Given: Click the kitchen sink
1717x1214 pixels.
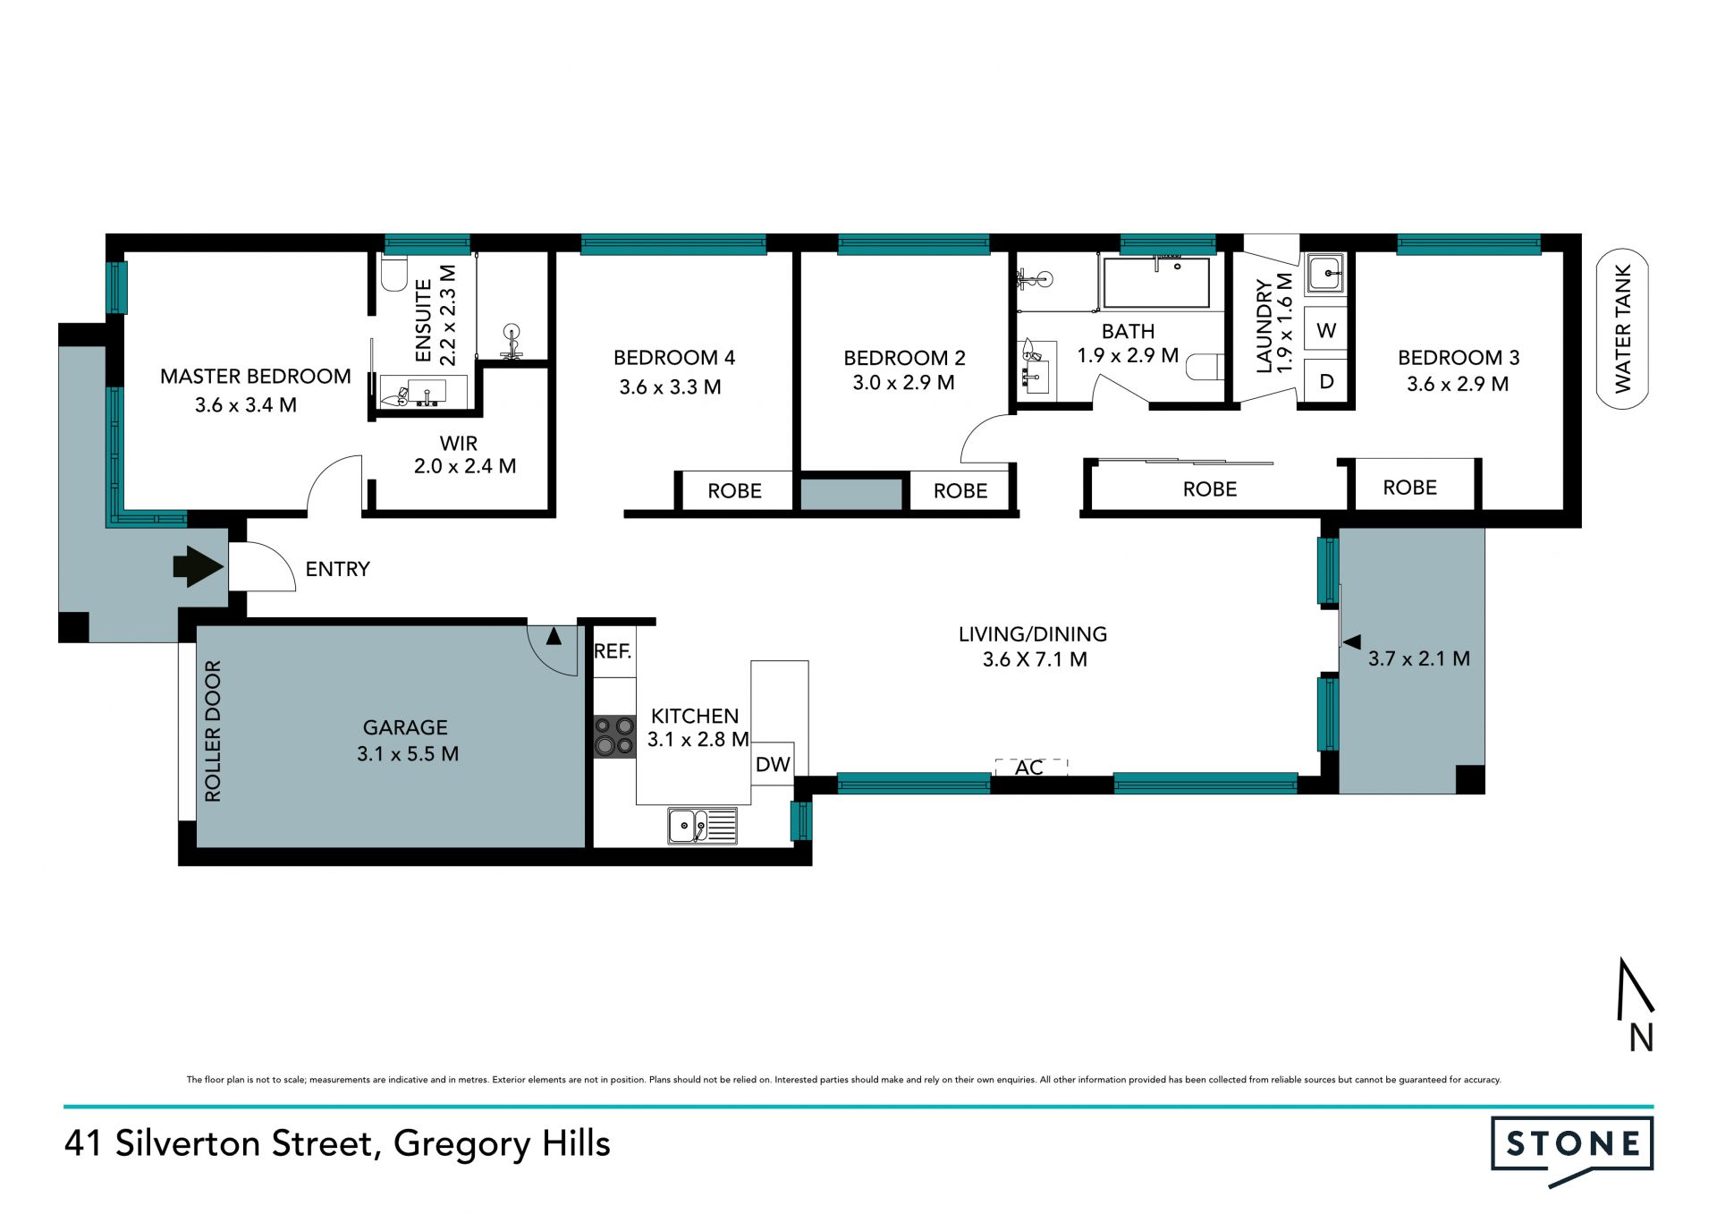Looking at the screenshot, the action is coord(702,826).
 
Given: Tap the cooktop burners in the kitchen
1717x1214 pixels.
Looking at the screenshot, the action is coord(614,735).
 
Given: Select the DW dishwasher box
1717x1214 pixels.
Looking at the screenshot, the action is coord(773,764).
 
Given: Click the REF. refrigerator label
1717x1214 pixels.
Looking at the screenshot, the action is coord(613,651).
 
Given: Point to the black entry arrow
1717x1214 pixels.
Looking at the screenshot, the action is coord(198,567).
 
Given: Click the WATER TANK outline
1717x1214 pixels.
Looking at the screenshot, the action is coord(1622,328).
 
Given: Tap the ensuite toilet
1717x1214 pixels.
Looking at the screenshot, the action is coord(393,273).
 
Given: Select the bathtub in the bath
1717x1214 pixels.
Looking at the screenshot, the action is coord(1156,283).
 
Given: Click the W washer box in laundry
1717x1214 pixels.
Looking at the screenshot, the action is coord(1326,330).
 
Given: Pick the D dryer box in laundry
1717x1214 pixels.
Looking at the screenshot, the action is coord(1326,381).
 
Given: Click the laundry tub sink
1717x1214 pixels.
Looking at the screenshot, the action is coord(1325,274).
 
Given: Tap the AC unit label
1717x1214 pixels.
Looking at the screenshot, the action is coord(1029,768).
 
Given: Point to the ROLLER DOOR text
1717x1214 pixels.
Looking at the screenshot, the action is coord(213,731).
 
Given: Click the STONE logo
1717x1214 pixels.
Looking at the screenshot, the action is coord(1572,1148).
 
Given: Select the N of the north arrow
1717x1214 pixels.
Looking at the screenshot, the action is coord(1641,1038).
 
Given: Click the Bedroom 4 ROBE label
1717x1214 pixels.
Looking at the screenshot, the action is coord(734,491).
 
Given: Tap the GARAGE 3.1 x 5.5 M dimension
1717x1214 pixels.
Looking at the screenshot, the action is coord(408,754).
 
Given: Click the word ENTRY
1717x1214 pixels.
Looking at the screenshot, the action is coord(337,569).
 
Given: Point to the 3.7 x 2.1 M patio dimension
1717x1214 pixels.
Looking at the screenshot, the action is coord(1419,659).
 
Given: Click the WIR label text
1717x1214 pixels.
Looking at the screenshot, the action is coord(459,444).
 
